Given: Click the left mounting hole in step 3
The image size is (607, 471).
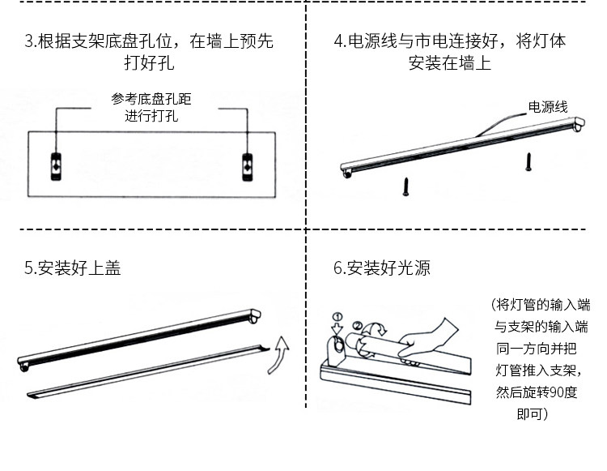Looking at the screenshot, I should point(56,165).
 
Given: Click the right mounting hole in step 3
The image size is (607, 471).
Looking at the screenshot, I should point(247,165).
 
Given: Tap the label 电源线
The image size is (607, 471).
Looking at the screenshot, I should point(548,107).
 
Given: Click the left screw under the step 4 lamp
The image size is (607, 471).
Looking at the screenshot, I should point(403,188).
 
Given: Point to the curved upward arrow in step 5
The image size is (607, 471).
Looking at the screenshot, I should point(280,350).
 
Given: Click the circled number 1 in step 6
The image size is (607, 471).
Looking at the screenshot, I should point(337,316).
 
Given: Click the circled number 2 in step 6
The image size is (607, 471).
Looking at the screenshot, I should point(356,328).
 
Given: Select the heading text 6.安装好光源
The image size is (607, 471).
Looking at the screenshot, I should point(382,268).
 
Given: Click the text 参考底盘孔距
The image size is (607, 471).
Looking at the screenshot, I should point(151,100).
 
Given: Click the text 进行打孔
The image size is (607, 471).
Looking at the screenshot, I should point(151,116).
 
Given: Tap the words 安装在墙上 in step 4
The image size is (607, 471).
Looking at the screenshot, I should point(450,62).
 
